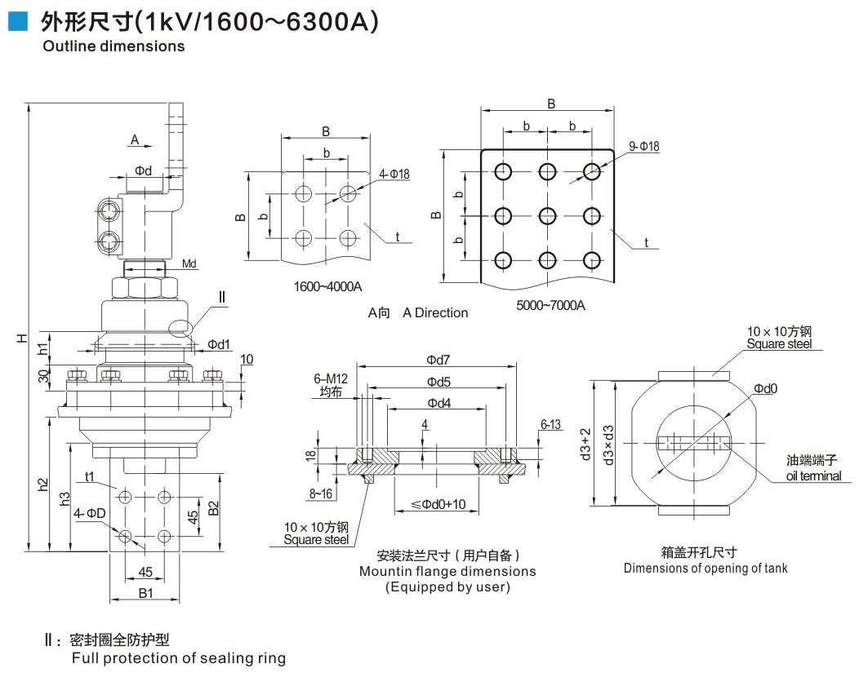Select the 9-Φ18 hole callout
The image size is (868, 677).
[644, 146]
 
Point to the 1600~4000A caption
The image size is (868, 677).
[327, 286]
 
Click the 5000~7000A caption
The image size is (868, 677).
[551, 305]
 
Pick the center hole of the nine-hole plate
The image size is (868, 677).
[547, 215]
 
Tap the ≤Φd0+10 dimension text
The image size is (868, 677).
[438, 504]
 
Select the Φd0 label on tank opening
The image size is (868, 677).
[765, 388]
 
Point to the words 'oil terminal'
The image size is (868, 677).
[813, 476]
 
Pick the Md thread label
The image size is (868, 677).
[189, 263]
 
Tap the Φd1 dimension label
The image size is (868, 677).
[219, 344]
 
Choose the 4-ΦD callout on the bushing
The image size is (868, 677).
[88, 513]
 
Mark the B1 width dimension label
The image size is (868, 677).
[145, 593]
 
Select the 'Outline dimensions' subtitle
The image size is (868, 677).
[114, 46]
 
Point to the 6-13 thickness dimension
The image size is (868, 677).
[550, 424]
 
